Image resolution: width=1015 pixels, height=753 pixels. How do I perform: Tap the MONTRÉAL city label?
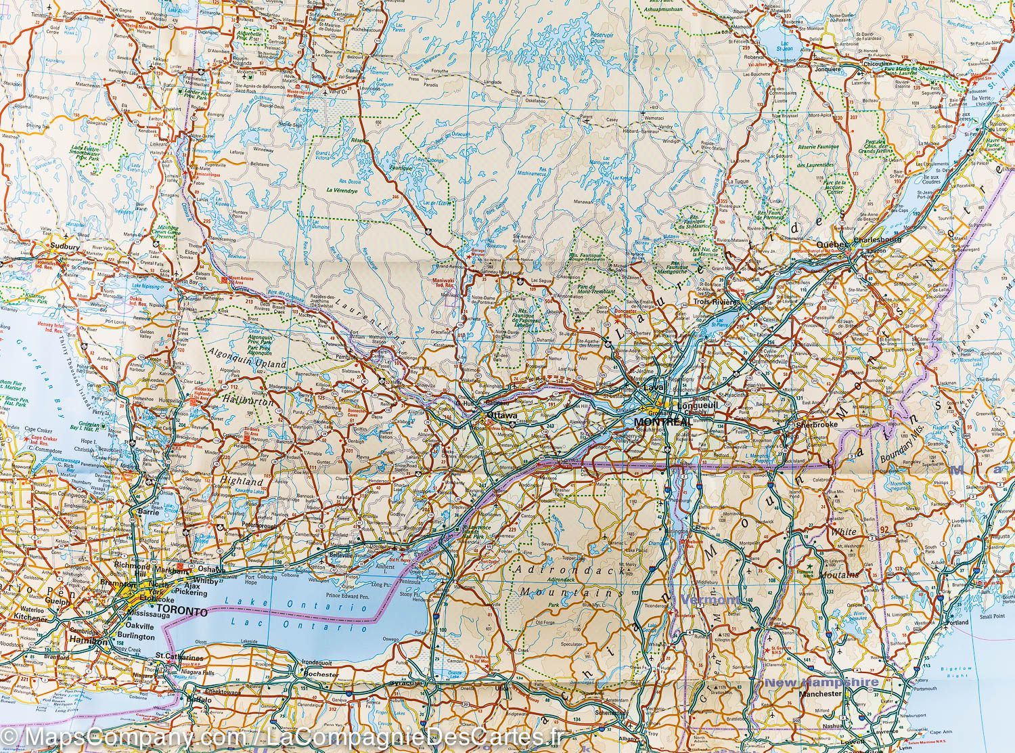[x=662, y=421]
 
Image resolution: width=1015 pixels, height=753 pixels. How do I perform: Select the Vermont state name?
[x=710, y=600]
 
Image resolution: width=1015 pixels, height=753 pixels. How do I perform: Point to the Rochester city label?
[x=321, y=675]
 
